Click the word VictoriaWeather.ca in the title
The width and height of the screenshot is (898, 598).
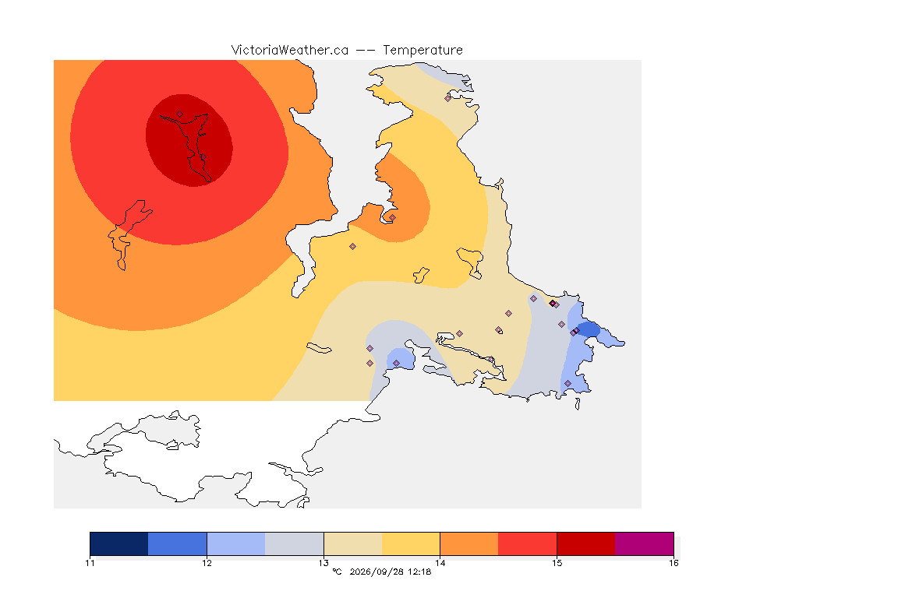[290, 50]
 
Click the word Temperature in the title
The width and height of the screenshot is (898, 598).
[422, 50]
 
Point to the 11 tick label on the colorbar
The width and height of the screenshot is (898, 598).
[90, 563]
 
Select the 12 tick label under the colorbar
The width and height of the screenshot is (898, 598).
[207, 563]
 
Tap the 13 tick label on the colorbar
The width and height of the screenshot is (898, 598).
[323, 563]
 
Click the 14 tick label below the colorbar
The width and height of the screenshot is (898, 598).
[440, 563]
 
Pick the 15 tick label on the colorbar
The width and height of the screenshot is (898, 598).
[557, 563]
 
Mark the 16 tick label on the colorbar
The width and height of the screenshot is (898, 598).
[673, 563]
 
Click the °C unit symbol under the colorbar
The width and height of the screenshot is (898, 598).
[337, 572]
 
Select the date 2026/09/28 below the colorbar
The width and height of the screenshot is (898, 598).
[376, 572]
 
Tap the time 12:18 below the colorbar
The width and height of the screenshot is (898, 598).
[419, 572]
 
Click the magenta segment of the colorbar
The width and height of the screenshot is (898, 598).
[645, 543]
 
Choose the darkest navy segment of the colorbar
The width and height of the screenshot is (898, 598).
[119, 543]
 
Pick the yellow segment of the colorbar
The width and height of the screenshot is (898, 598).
[411, 543]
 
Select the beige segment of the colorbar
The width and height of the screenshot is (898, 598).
[353, 543]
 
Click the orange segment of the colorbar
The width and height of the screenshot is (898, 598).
[469, 543]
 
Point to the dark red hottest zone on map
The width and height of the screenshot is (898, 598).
[189, 140]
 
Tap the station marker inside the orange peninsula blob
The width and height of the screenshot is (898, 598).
[392, 217]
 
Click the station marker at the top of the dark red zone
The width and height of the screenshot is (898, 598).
[180, 114]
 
